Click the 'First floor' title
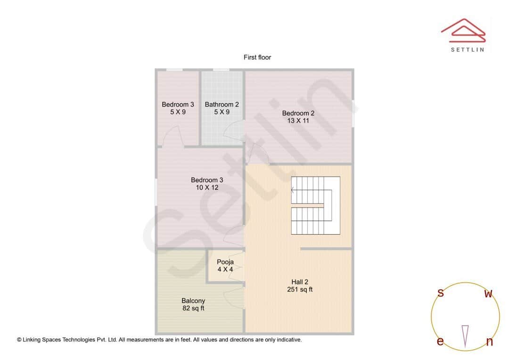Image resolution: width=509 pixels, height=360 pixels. tap(257, 57)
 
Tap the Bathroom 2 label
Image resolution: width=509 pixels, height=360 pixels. tap(222, 105)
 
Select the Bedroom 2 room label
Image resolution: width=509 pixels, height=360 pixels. tap(298, 113)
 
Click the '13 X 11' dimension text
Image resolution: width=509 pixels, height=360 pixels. tap(298, 121)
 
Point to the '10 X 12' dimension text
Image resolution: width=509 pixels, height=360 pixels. tap(207, 188)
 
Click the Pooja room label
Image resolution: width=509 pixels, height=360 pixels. tap(225, 262)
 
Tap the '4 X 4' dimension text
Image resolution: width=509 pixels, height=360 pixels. tap(225, 270)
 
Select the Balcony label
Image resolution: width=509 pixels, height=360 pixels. tap(193, 301)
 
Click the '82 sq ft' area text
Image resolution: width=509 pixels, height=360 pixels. tap(193, 309)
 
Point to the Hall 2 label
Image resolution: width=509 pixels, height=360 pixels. tap(300, 282)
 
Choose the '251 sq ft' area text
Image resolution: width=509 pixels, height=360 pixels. tap(300, 289)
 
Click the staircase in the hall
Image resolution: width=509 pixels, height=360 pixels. tap(315, 205)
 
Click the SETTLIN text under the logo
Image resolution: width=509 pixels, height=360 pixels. tap(467, 49)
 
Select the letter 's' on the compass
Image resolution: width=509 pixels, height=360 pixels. tap(441, 293)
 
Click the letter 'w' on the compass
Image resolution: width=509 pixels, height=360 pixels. tap(489, 294)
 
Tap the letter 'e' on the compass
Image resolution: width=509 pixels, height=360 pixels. tap(440, 342)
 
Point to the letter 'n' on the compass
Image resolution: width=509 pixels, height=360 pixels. tap(489, 342)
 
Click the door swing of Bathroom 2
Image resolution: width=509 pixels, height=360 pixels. tap(233, 130)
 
